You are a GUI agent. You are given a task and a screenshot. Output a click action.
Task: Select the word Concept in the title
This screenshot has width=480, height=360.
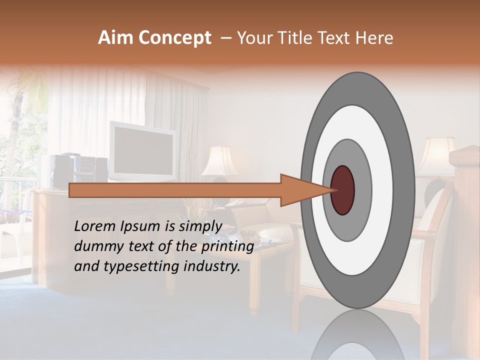pos(174,38)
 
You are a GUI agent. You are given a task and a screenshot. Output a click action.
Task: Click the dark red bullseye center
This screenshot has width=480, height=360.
pos(343,190)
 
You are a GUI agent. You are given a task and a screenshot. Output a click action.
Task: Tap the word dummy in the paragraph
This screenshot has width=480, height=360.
pos(95,246)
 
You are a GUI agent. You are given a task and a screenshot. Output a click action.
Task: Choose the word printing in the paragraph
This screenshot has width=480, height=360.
pos(227,246)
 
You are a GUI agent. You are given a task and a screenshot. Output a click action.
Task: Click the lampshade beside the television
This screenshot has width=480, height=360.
pos(220,161)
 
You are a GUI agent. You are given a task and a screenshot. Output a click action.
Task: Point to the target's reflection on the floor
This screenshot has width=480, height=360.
pos(357,335)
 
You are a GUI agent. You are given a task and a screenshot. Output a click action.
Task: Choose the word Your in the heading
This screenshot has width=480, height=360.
pos(252,38)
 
